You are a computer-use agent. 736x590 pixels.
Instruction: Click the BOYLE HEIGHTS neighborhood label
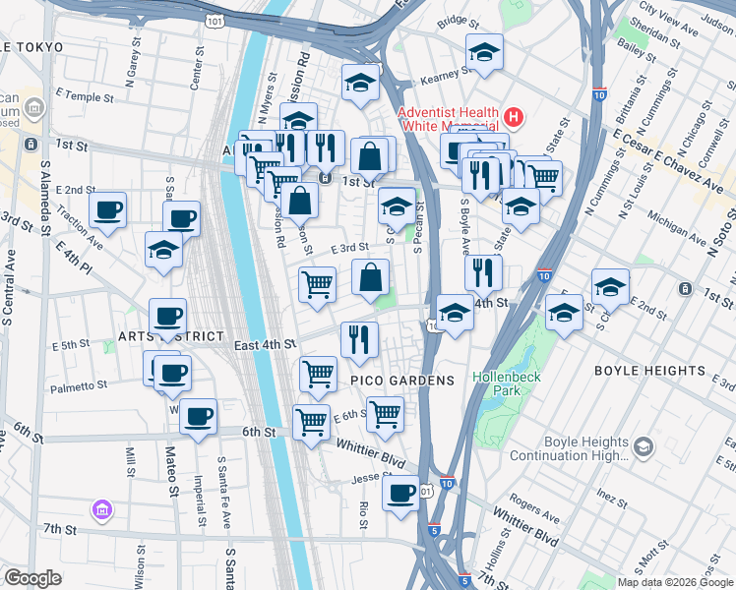click(x=650, y=372)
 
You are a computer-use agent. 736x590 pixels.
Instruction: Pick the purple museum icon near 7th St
click(x=102, y=509)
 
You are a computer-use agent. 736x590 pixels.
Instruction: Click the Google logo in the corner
click(x=32, y=578)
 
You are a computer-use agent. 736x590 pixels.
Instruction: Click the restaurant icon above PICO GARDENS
click(x=359, y=339)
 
